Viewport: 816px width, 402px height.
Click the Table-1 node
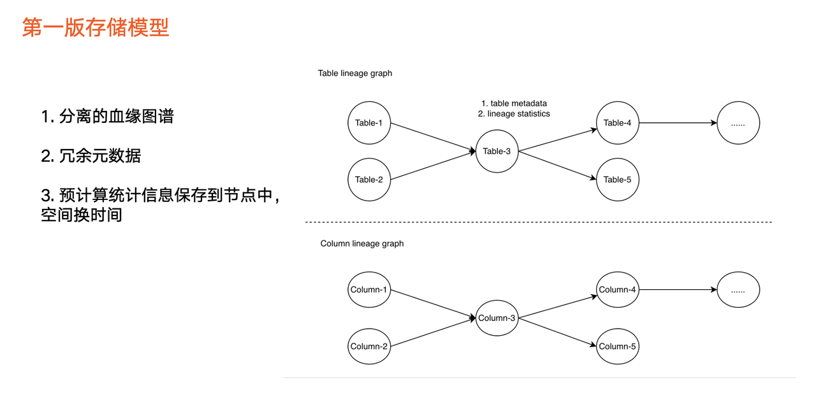[x=369, y=123]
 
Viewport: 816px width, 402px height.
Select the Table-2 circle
[x=369, y=180]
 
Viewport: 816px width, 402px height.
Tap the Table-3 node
[x=497, y=151]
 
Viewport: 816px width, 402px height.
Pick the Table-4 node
[x=618, y=123]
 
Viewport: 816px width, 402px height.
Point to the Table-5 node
[x=618, y=180]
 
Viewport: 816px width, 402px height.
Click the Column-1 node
[x=369, y=289]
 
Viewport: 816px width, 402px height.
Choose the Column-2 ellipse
[x=369, y=347]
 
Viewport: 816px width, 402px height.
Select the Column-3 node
[x=497, y=318]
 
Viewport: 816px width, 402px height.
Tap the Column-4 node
[x=618, y=289]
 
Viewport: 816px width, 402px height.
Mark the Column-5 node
[x=618, y=347]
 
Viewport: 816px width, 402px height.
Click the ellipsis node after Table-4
[x=738, y=123]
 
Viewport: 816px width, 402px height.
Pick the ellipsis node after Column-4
[x=738, y=289]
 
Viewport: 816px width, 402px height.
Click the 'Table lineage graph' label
[x=355, y=73]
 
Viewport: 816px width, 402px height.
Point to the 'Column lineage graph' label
[x=362, y=243]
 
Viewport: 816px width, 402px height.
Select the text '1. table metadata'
[x=514, y=103]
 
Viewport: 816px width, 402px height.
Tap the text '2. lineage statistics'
[x=514, y=113]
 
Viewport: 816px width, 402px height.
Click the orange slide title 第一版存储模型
[x=96, y=27]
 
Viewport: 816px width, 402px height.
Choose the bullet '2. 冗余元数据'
[x=91, y=156]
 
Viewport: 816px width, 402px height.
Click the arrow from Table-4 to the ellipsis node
[x=678, y=123]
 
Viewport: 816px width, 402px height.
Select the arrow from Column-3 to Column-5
[x=557, y=332]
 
